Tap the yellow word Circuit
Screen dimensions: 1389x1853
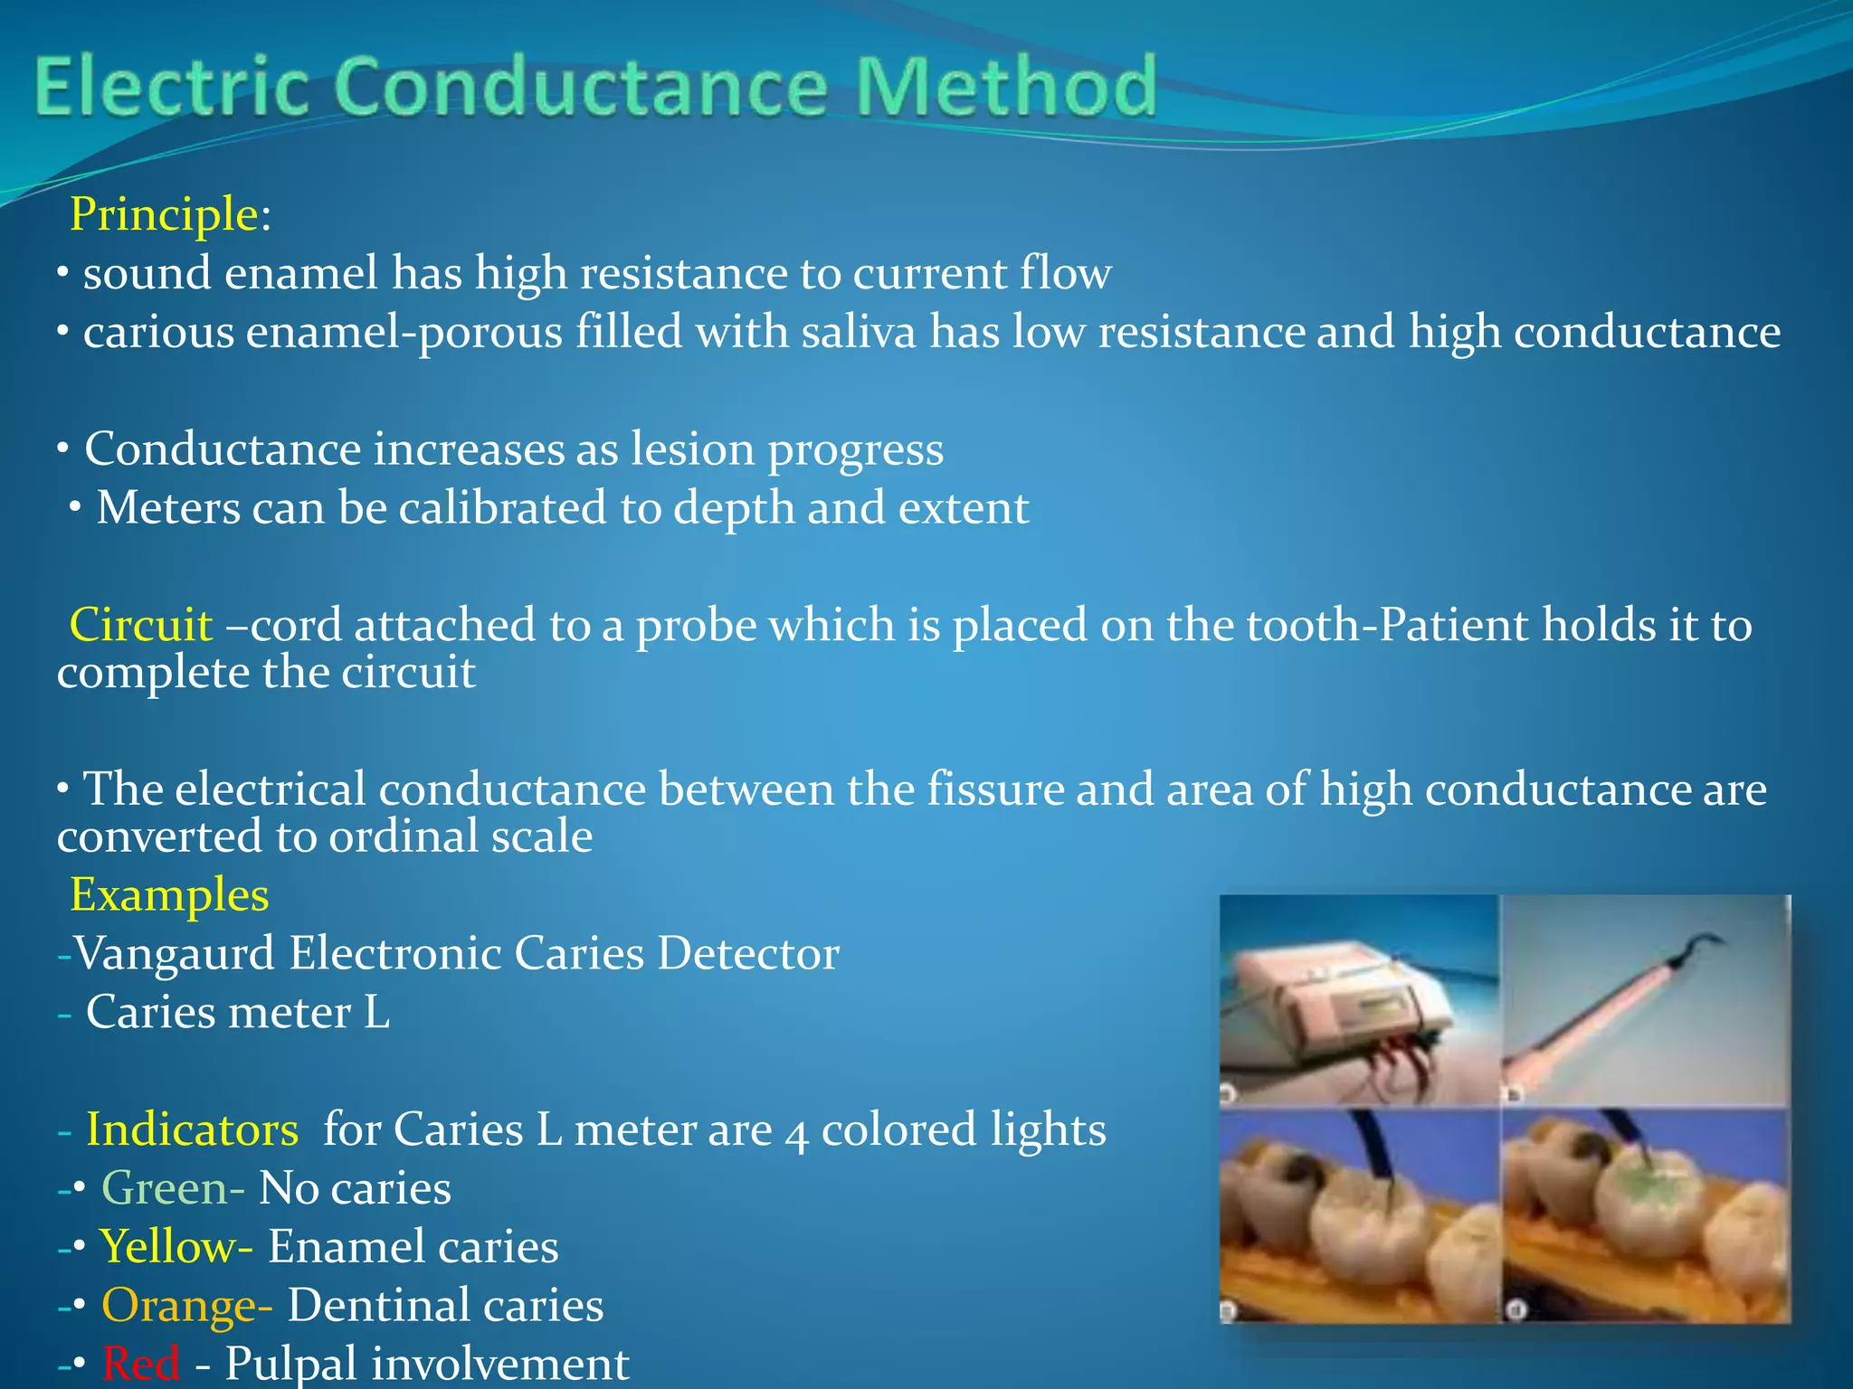tap(141, 625)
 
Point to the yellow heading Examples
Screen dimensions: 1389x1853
tap(169, 895)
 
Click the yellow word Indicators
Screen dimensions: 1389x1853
tap(192, 1129)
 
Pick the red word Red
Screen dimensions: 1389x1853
tap(140, 1364)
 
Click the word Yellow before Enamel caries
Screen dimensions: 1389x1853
tap(168, 1247)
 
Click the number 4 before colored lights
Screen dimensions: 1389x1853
tap(795, 1132)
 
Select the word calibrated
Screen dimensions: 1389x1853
tap(502, 508)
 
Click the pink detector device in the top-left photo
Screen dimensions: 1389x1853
tap(1339, 1004)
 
